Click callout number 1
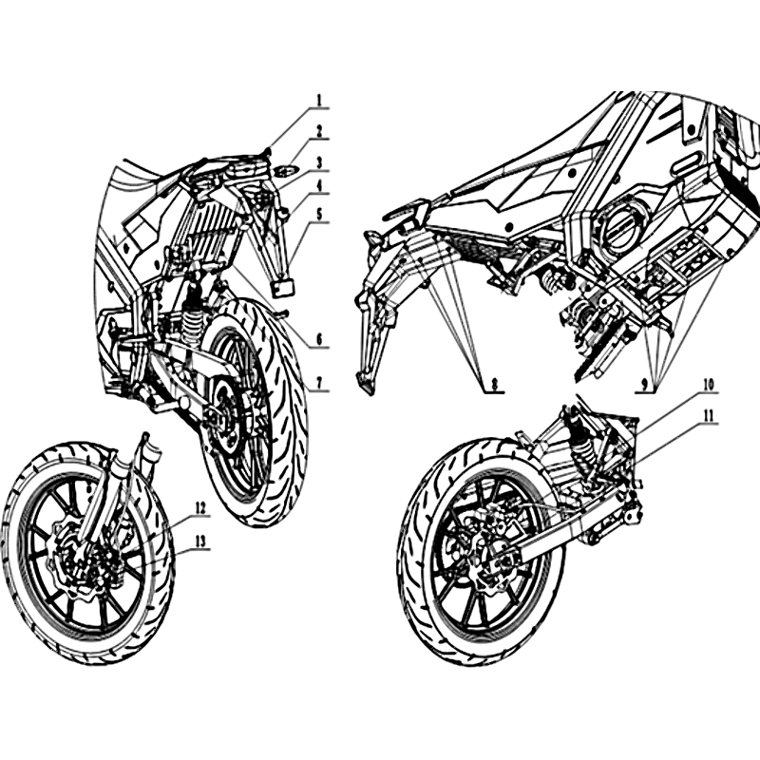click(319, 101)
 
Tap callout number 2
click(319, 131)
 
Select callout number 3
click(319, 162)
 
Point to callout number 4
click(319, 186)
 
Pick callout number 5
click(319, 215)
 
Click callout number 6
click(319, 340)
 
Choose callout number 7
click(319, 370)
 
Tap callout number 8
click(494, 370)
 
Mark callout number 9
click(644, 370)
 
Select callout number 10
click(708, 385)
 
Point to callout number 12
click(200, 508)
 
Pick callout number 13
click(200, 541)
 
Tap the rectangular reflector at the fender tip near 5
click(283, 287)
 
